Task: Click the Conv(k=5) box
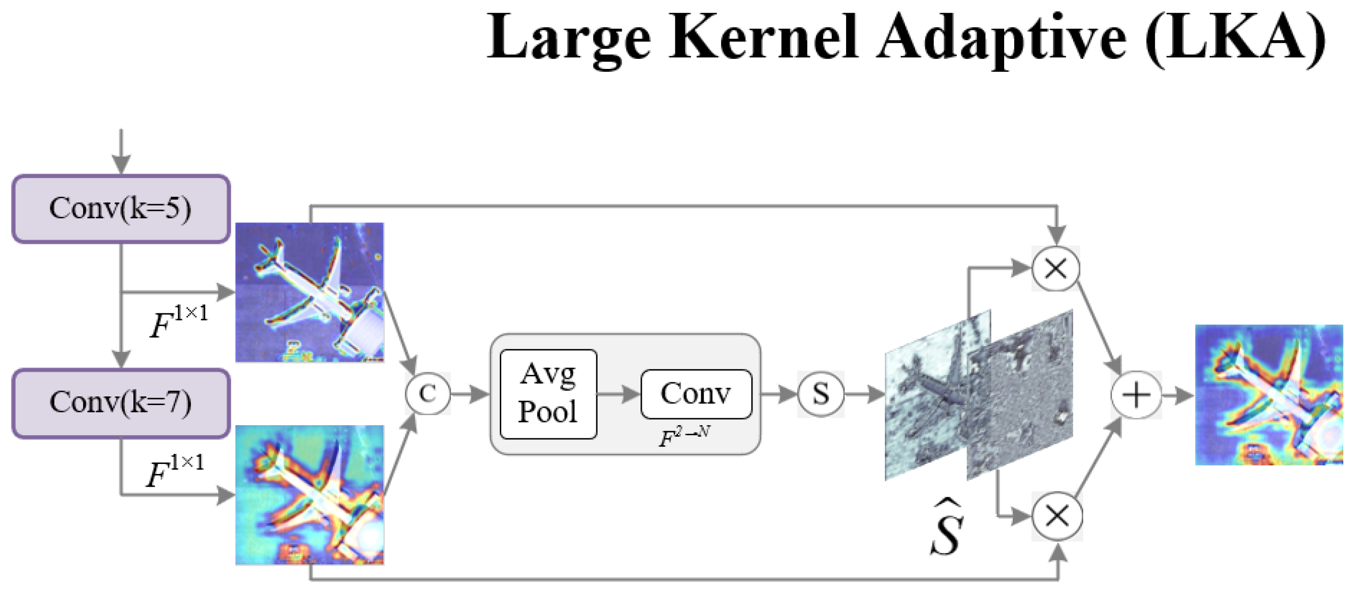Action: [x=121, y=209]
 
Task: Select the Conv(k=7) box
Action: [x=121, y=403]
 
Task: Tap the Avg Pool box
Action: [x=548, y=394]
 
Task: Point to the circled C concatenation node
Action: [x=427, y=393]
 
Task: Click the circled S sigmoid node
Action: [x=820, y=394]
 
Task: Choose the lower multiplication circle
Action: [x=1057, y=516]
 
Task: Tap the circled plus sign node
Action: [x=1136, y=395]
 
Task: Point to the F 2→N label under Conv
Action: [x=684, y=437]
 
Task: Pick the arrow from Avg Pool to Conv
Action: [x=619, y=394]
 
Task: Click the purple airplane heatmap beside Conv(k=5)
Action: [x=309, y=292]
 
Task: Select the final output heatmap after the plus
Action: [x=1269, y=395]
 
